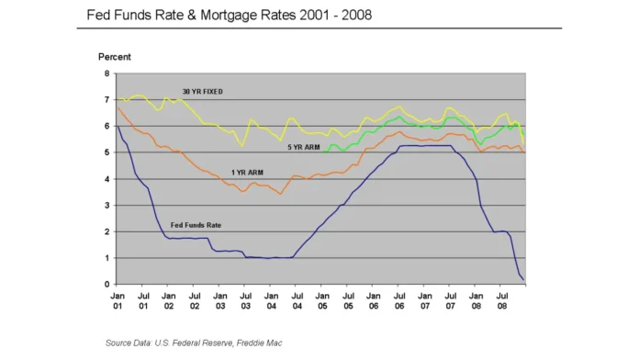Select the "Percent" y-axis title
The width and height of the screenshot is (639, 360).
tap(115, 57)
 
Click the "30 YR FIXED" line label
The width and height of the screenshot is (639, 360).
tap(201, 92)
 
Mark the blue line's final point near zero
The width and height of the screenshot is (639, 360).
tap(523, 278)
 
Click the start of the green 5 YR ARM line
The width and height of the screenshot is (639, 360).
tap(322, 152)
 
